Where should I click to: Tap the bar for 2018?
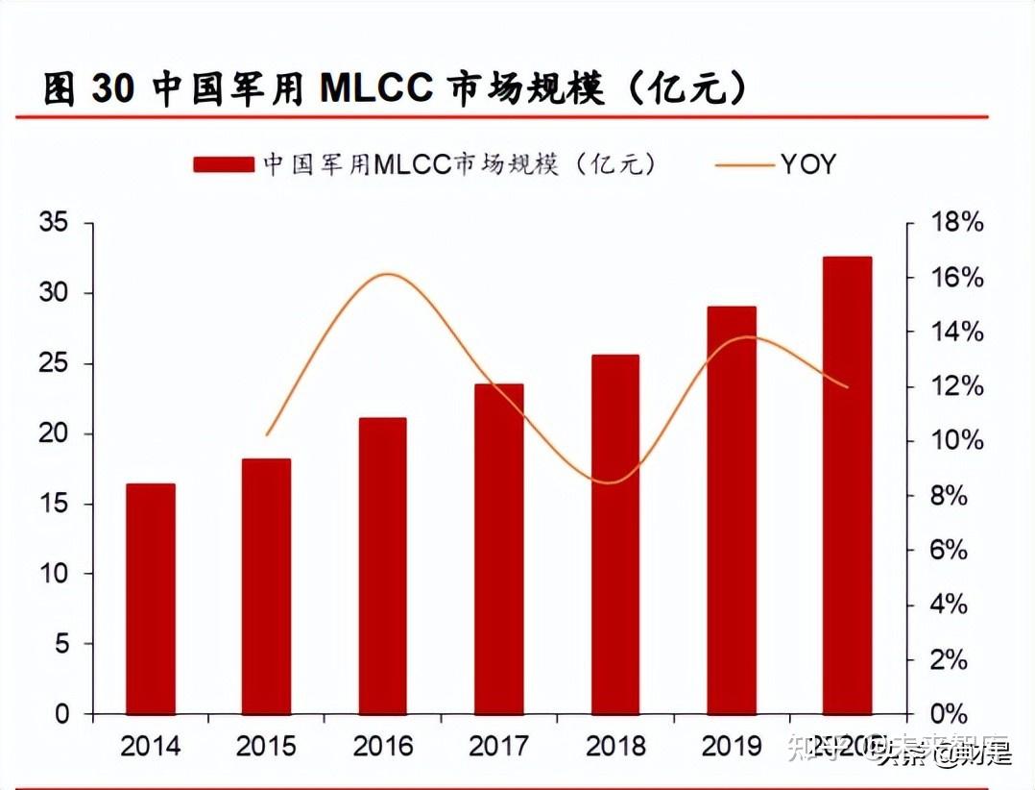(614, 534)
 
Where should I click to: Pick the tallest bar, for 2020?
(847, 485)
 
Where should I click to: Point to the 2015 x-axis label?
(266, 747)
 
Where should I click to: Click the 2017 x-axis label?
(498, 747)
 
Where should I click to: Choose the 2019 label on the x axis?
(731, 747)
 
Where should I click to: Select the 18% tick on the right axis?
(956, 223)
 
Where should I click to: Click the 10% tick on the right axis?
(956, 441)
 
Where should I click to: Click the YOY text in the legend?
(807, 164)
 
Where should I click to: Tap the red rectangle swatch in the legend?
(224, 164)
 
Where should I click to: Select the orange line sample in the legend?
(744, 164)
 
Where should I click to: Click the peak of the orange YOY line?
(386, 275)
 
